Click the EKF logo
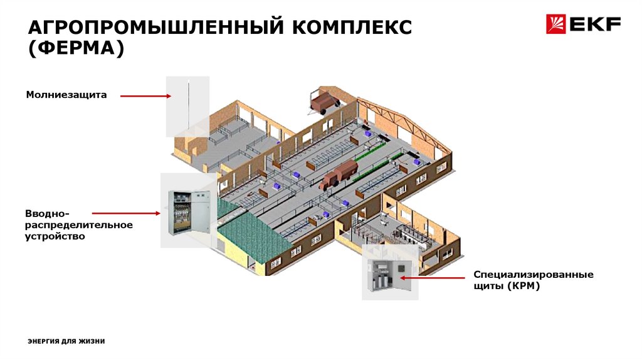pyautogui.click(x=583, y=24)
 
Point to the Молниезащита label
pyautogui.click(x=66, y=95)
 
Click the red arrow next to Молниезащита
pyautogui.click(x=145, y=96)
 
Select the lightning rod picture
pyautogui.click(x=187, y=106)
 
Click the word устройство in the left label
pyautogui.click(x=55, y=236)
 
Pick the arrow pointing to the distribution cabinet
pyautogui.click(x=125, y=214)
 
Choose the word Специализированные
pyautogui.click(x=533, y=275)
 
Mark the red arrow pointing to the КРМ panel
pyautogui.click(x=433, y=276)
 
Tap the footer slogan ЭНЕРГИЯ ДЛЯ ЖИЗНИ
pyautogui.click(x=66, y=341)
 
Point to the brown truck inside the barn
pyautogui.click(x=339, y=174)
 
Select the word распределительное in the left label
pyautogui.click(x=79, y=225)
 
